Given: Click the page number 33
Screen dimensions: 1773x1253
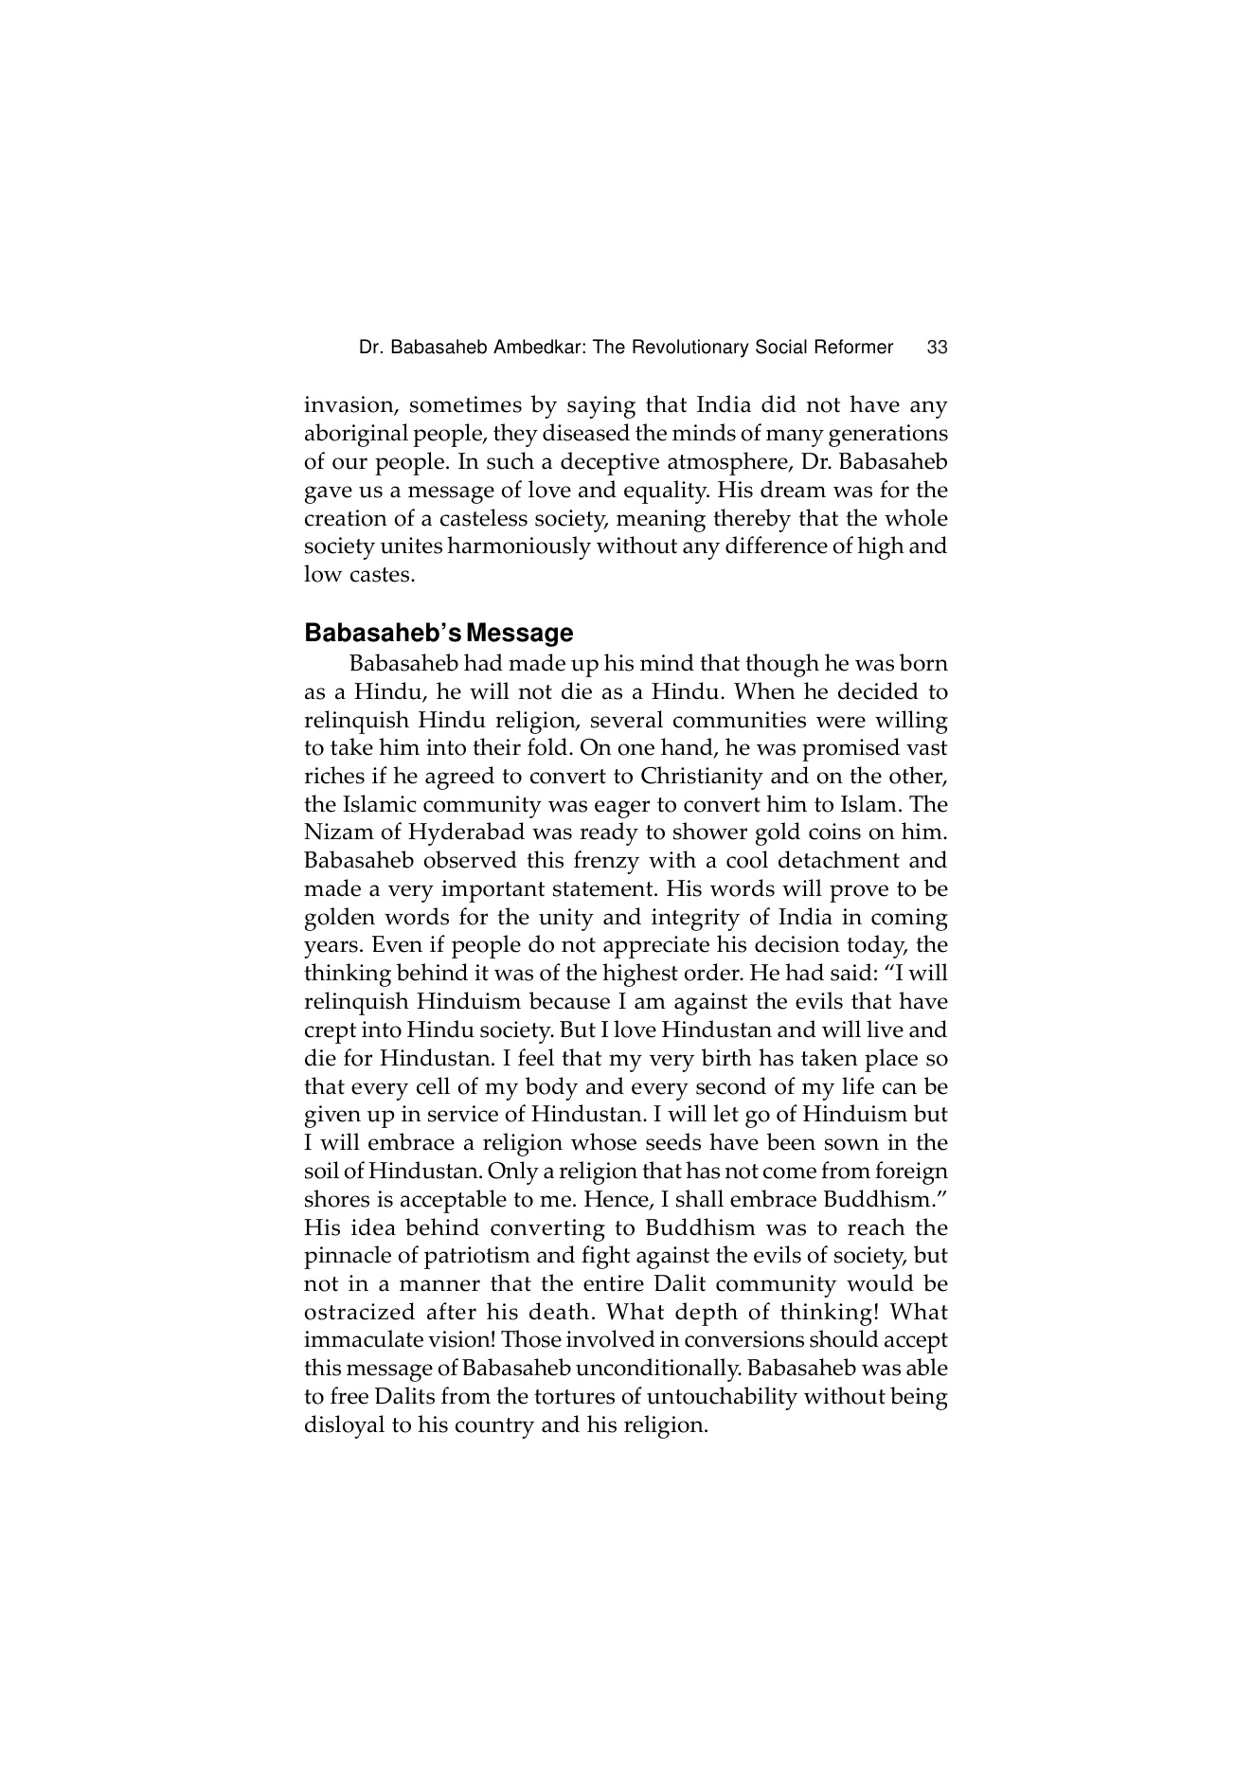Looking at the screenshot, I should point(937,348).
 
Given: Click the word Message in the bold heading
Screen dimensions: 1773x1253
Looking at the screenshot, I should point(526,633).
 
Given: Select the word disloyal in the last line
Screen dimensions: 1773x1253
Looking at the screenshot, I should point(344,1425).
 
